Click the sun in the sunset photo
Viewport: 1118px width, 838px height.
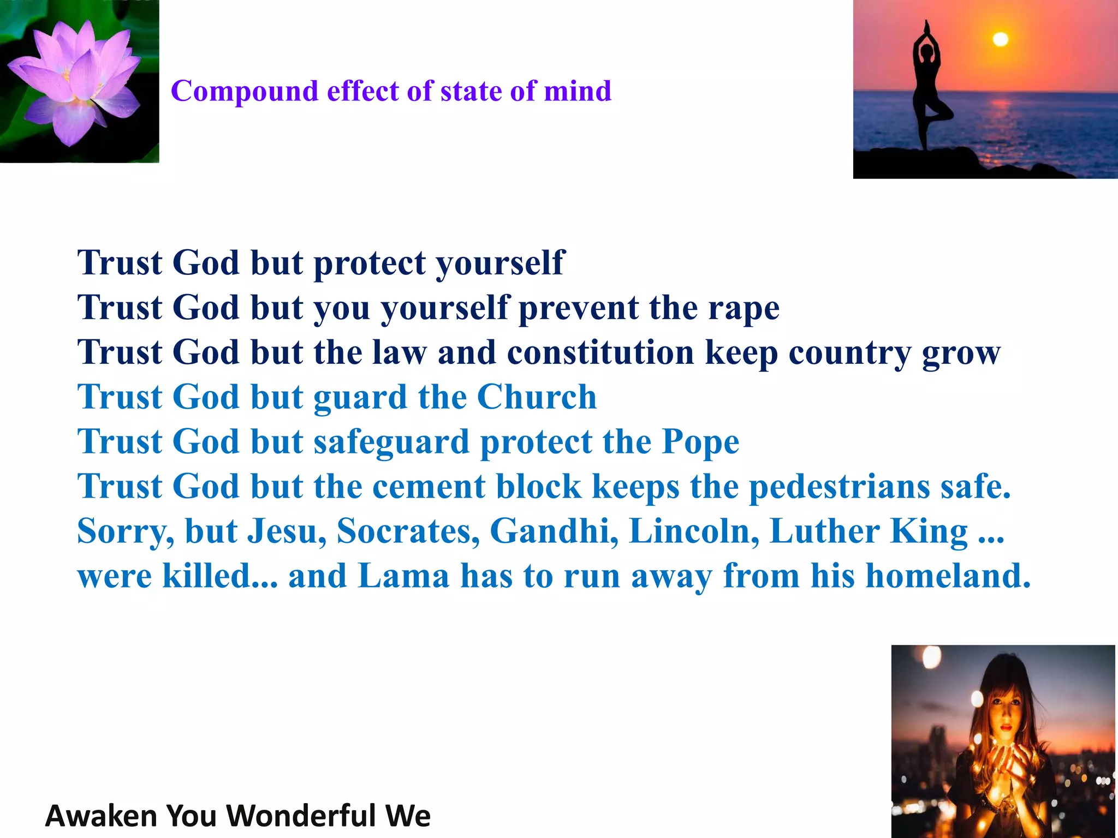[x=1000, y=39]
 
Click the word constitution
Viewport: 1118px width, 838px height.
[x=600, y=352]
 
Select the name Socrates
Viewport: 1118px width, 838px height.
[x=408, y=531]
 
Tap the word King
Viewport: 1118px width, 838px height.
[x=929, y=531]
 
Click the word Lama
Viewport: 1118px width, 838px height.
[x=403, y=576]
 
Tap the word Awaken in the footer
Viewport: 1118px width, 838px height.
[x=102, y=816]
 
